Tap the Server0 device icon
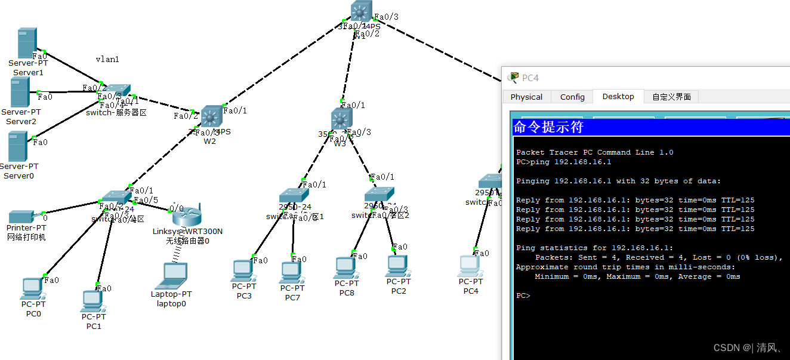coord(17,146)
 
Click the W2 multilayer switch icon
coord(211,116)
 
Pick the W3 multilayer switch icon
coord(341,119)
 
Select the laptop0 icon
coord(175,275)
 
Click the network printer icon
coord(22,217)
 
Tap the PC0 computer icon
coord(32,289)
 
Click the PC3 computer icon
coord(243,270)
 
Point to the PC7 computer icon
coord(291,272)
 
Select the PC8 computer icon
coord(345,268)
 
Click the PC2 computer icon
coord(397,266)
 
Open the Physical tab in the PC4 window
coord(526,97)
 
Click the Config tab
coord(572,97)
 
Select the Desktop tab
coord(618,96)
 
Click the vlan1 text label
coord(107,59)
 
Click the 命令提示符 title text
coord(548,127)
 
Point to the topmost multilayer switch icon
coord(361,11)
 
